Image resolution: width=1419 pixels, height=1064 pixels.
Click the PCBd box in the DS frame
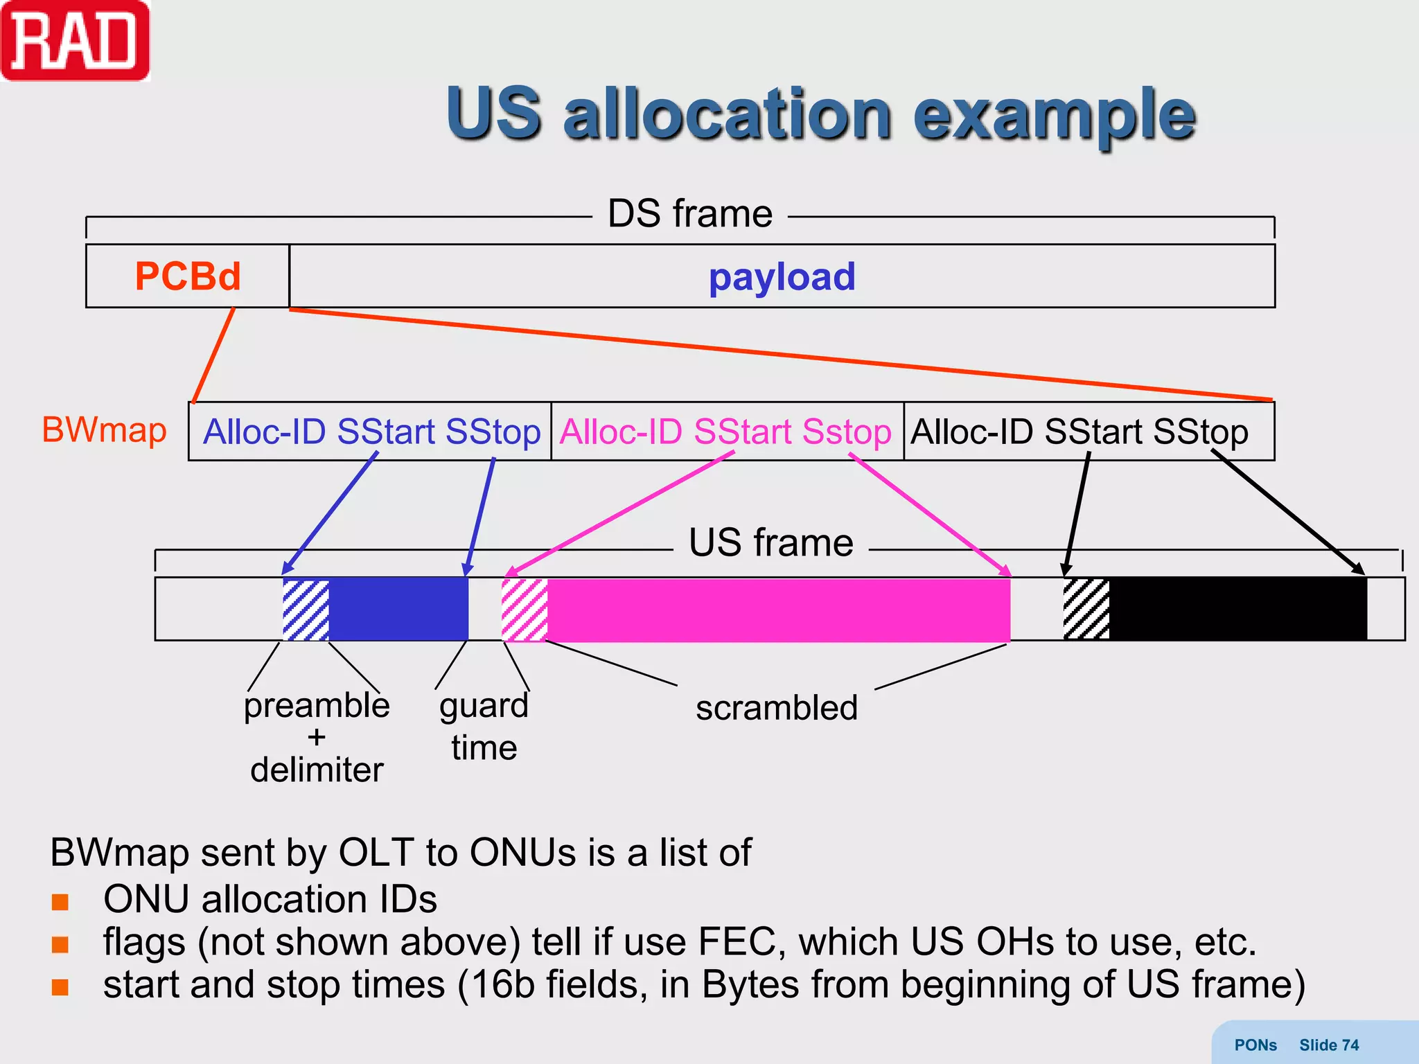pyautogui.click(x=187, y=276)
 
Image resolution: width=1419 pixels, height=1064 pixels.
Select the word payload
pyautogui.click(x=782, y=276)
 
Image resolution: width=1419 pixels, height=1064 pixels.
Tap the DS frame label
pyautogui.click(x=689, y=213)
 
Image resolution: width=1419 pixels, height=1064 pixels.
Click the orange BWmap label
pyautogui.click(x=105, y=429)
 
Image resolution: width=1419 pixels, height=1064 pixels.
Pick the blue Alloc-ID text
pyautogui.click(x=264, y=432)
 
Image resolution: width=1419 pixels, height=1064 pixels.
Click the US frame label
pyautogui.click(x=770, y=542)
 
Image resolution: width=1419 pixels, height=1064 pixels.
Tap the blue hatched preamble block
pyautogui.click(x=306, y=609)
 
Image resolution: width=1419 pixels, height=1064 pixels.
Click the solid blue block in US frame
pyautogui.click(x=398, y=609)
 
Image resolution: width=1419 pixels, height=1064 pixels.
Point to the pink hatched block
pyautogui.click(x=525, y=609)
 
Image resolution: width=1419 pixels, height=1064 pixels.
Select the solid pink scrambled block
pyautogui.click(x=777, y=609)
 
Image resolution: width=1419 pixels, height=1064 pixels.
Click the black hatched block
pyautogui.click(x=1086, y=609)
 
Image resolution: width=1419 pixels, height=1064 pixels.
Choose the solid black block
pyautogui.click(x=1237, y=609)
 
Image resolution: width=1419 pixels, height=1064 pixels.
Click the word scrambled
pyautogui.click(x=776, y=708)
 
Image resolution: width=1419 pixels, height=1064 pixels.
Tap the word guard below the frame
pyautogui.click(x=484, y=706)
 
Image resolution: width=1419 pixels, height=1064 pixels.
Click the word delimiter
pyautogui.click(x=317, y=770)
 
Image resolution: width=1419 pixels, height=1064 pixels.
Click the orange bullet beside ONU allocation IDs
pyautogui.click(x=60, y=901)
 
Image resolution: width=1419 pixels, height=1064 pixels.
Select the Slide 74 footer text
pyautogui.click(x=1328, y=1045)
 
